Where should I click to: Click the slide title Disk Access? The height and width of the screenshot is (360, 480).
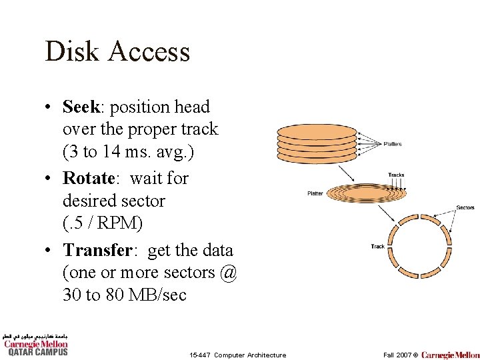pyautogui.click(x=117, y=52)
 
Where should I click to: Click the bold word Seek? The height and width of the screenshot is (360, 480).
pyautogui.click(x=80, y=107)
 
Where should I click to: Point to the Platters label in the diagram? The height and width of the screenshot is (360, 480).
pyautogui.click(x=393, y=144)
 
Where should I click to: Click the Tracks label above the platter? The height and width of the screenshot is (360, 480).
pyautogui.click(x=396, y=175)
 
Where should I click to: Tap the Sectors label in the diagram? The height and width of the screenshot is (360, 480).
pyautogui.click(x=465, y=207)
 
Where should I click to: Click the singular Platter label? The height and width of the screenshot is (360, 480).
pyautogui.click(x=315, y=193)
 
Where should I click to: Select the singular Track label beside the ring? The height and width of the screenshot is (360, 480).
pyautogui.click(x=377, y=247)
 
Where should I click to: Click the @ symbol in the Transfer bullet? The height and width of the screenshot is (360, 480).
pyautogui.click(x=227, y=273)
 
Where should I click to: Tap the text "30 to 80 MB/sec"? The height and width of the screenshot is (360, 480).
pyautogui.click(x=125, y=295)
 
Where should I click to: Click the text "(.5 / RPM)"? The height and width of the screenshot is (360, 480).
pyautogui.click(x=103, y=223)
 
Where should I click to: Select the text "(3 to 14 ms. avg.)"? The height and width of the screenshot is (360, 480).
pyautogui.click(x=128, y=152)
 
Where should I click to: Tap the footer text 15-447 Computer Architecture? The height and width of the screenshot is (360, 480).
pyautogui.click(x=237, y=355)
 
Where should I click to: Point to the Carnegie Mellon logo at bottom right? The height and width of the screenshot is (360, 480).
pyautogui.click(x=450, y=354)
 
